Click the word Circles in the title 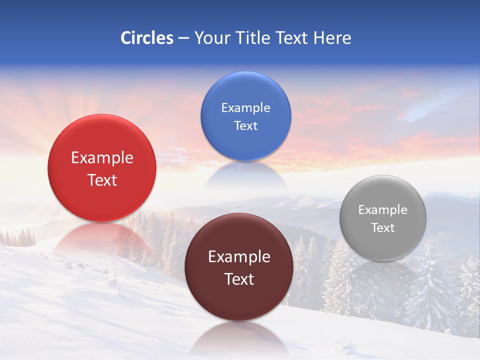[x=146, y=38]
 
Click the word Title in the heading [x=253, y=38]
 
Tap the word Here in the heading [x=332, y=38]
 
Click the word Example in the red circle [x=102, y=158]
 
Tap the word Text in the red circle [x=102, y=180]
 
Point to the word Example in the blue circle [x=245, y=108]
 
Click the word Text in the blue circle [x=245, y=125]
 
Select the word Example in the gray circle [x=383, y=210]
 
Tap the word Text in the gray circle [x=383, y=228]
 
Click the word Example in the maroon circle [x=239, y=257]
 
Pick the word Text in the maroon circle [x=239, y=279]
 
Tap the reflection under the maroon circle [x=239, y=337]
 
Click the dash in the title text [x=183, y=38]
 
